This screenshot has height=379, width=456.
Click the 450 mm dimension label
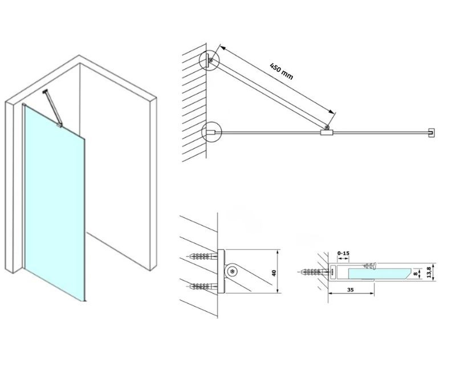coord(281,72)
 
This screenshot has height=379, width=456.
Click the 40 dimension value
coord(274,273)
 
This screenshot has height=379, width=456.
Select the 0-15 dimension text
coord(343,253)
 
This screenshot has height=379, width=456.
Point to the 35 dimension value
coord(351,290)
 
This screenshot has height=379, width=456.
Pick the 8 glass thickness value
coord(416,274)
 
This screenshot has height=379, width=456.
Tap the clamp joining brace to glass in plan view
coord(327,132)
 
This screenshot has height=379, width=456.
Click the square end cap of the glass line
coord(431,133)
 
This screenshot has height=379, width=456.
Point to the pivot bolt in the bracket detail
coord(232,272)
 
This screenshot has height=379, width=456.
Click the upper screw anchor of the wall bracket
coord(203,256)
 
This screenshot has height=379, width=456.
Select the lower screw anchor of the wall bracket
coord(203,287)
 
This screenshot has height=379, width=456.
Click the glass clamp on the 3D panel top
coord(59,125)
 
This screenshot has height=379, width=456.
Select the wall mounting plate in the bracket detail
coord(221,271)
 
